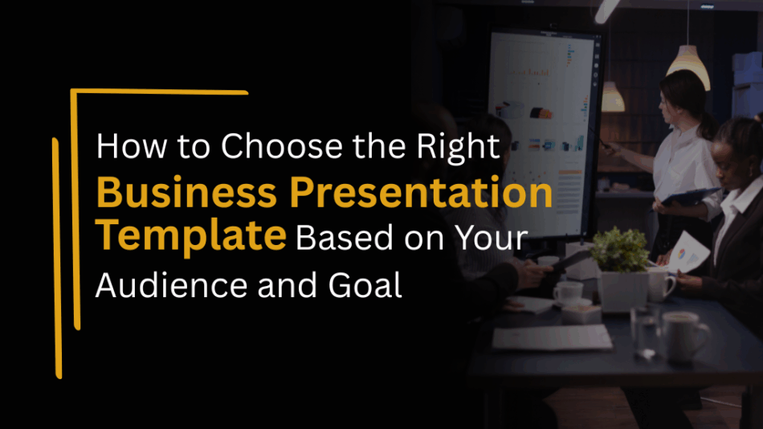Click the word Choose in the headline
(282, 146)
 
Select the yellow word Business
(187, 192)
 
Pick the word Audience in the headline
(171, 285)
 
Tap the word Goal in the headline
(365, 285)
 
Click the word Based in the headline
(344, 238)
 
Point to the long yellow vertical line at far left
(57, 258)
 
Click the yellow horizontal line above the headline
(160, 92)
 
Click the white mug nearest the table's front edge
(683, 337)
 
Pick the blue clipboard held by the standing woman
(690, 196)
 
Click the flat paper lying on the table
(552, 337)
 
